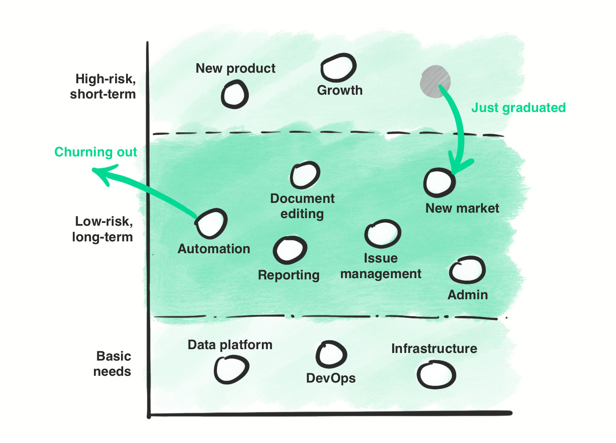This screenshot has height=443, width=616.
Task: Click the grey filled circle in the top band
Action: [435, 82]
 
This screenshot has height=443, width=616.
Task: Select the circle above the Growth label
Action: [338, 68]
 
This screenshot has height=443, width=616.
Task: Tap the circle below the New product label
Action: [234, 95]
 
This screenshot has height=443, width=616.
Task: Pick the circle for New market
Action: [439, 183]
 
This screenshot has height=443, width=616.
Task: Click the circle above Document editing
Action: [305, 175]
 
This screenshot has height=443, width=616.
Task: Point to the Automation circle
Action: [211, 224]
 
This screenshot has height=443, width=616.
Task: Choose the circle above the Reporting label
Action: [290, 250]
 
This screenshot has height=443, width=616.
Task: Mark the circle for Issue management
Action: [382, 234]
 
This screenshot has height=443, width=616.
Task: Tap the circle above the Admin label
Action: [467, 270]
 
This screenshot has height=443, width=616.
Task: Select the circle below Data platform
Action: [231, 369]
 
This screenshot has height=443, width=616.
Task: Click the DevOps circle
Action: [331, 354]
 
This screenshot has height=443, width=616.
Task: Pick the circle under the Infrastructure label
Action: [436, 375]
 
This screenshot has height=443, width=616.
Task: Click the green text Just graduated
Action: [518, 108]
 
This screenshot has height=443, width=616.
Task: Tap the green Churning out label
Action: [96, 152]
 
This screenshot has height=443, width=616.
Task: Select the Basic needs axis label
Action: [113, 364]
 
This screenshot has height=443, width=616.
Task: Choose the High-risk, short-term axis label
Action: [104, 86]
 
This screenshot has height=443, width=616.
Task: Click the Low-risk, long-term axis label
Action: [103, 229]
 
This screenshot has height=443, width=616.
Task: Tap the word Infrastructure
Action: [434, 348]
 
